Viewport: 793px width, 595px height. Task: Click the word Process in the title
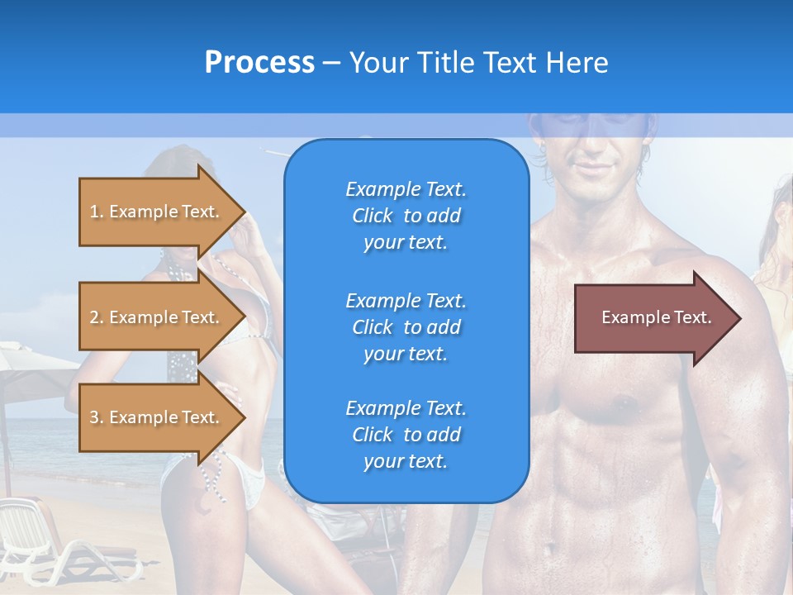259,63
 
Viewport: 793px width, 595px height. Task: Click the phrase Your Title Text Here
478,63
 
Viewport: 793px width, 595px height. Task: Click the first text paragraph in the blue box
406,216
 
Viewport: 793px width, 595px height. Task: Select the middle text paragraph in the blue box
406,327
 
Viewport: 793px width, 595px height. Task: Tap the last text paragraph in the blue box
406,435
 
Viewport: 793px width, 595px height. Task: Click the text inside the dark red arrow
656,317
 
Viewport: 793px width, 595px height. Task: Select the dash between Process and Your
331,63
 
